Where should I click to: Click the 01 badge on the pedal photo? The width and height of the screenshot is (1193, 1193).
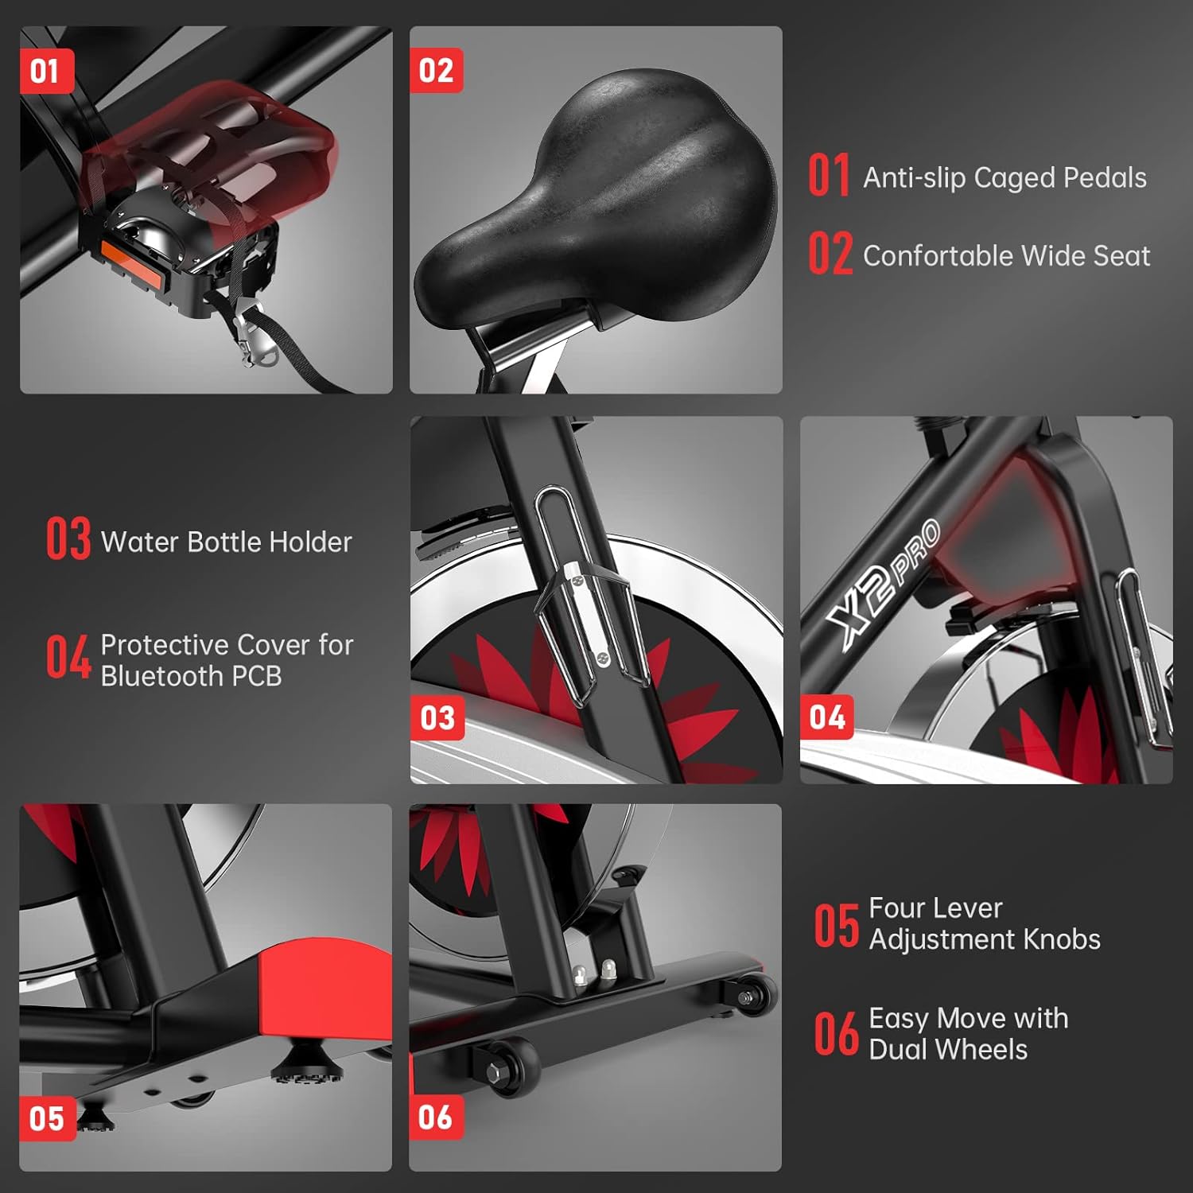click(46, 72)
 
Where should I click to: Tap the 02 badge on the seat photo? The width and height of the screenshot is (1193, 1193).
click(436, 72)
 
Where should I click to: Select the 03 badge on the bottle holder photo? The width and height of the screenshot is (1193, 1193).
click(437, 718)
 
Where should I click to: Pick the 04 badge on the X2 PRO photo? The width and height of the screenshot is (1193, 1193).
click(827, 718)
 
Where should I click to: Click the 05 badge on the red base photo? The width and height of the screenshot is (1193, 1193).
click(47, 1119)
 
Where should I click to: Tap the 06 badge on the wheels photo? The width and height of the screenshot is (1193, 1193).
click(436, 1117)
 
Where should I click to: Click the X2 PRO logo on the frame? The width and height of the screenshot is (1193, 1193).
click(883, 587)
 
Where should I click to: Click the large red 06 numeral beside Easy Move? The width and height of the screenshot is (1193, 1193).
click(836, 1034)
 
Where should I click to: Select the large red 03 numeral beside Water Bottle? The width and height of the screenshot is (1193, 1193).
click(68, 538)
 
